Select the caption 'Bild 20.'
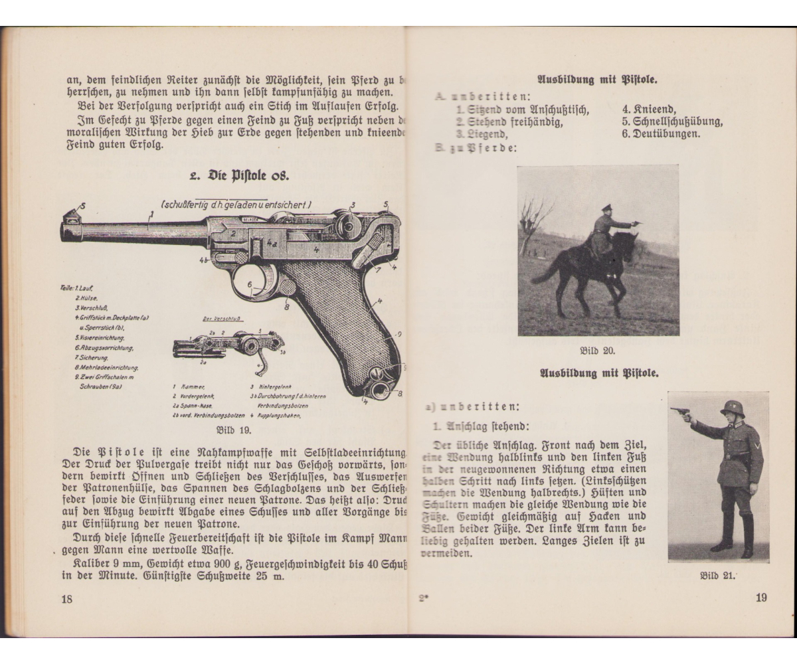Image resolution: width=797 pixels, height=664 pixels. [x=598, y=351]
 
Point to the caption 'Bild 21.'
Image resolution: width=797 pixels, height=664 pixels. [x=719, y=575]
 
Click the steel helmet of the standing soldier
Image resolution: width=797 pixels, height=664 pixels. [x=732, y=406]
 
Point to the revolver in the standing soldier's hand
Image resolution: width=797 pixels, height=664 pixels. [x=681, y=414]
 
